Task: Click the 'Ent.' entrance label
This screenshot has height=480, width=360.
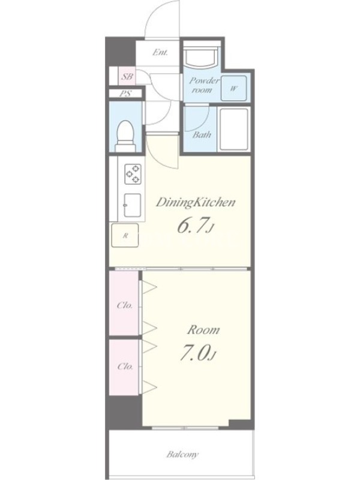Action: click(160, 52)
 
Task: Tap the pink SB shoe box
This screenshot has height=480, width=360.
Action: click(127, 76)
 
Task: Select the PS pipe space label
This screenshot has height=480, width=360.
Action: click(125, 94)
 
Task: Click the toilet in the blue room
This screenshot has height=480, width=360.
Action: click(125, 136)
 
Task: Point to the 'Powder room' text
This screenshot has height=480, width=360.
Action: click(204, 85)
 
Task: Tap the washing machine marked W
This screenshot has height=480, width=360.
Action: click(234, 88)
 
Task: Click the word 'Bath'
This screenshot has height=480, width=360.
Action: click(202, 134)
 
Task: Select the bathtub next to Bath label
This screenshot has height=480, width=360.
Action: click(234, 128)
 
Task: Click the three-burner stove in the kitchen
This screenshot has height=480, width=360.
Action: click(133, 174)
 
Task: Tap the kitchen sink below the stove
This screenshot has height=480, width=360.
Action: click(133, 205)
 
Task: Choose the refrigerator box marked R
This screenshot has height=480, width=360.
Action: click(125, 235)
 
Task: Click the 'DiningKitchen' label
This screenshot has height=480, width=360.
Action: click(196, 203)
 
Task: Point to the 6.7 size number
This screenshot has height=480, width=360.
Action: click(194, 226)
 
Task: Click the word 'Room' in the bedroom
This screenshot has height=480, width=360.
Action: click(203, 330)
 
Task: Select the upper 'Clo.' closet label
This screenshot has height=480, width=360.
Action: click(125, 305)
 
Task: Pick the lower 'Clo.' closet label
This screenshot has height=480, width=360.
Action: click(125, 366)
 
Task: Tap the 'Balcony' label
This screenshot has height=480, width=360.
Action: click(183, 455)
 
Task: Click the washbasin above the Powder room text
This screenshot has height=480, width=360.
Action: click(202, 56)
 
